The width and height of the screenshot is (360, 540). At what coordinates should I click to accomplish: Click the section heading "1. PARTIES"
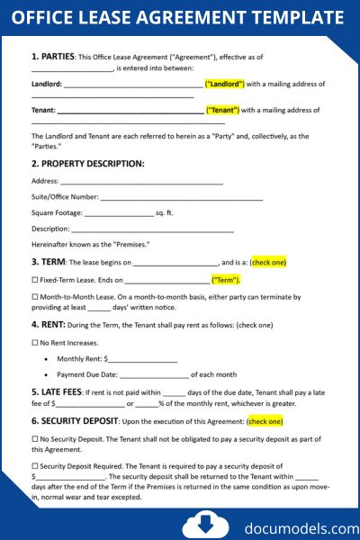point(53,56)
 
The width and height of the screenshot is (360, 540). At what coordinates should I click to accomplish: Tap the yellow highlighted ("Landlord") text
point(225,84)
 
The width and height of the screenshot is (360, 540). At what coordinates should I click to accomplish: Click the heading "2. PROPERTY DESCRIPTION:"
point(87,164)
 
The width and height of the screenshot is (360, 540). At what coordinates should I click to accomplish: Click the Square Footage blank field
point(119,212)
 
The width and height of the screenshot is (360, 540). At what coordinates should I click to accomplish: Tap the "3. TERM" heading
point(48,262)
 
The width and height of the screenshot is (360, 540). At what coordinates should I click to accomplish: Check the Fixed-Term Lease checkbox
point(34,280)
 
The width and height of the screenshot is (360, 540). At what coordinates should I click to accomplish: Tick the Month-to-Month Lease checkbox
point(34,296)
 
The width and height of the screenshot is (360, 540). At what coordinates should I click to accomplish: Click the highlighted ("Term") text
point(225,280)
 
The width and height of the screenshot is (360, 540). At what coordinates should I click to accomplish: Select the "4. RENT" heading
point(48,324)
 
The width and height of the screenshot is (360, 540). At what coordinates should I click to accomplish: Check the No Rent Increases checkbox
point(34,343)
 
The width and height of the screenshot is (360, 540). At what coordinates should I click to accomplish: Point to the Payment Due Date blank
point(154,374)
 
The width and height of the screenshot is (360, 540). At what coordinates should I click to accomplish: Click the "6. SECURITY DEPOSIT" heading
point(75,420)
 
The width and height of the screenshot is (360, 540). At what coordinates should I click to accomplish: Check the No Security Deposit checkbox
point(34,438)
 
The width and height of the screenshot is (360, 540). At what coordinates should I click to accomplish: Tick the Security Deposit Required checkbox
point(34,465)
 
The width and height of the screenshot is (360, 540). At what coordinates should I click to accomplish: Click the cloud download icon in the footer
point(199,524)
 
